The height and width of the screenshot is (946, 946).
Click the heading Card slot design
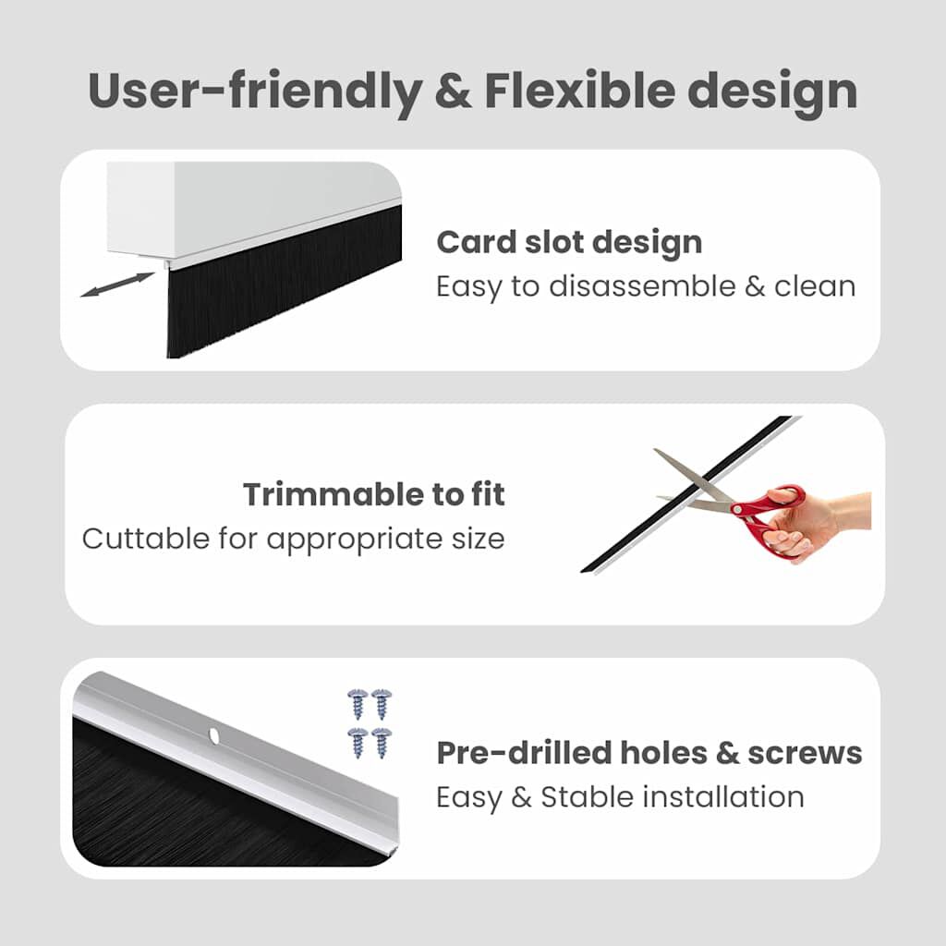click(x=569, y=242)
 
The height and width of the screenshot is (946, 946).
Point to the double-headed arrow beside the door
click(x=116, y=284)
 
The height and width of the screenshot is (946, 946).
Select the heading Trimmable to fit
click(x=374, y=494)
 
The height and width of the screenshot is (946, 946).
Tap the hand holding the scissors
click(x=822, y=522)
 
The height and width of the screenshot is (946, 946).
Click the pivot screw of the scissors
click(x=735, y=507)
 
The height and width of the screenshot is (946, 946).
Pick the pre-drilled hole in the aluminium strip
click(x=213, y=736)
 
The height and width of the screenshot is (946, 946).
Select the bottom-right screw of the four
click(x=382, y=742)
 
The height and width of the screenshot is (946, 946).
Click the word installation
click(x=720, y=796)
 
